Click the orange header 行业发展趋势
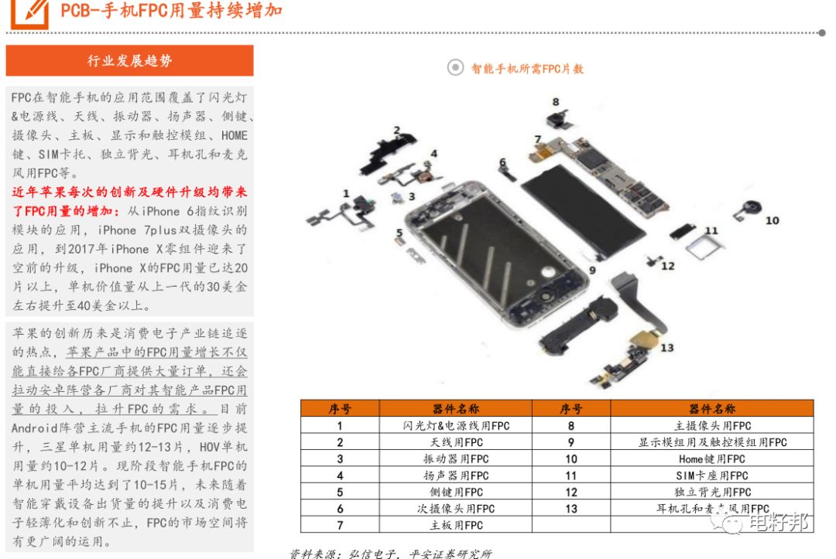pos(129,60)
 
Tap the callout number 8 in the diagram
pos(556,102)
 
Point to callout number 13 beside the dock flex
pos(667,348)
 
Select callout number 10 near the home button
pos(772,220)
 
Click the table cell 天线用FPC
pos(456,442)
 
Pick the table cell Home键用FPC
pos(712,459)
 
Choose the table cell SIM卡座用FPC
pos(712,475)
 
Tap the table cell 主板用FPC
pos(456,525)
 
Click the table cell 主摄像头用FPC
pos(712,426)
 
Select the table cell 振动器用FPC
pos(456,459)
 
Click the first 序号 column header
pos(340,409)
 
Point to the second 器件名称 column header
pos(712,409)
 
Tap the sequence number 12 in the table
pos(571,492)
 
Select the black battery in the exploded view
pos(583,210)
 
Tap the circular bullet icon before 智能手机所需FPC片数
pos(455,67)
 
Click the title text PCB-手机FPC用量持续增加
pos(171,10)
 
